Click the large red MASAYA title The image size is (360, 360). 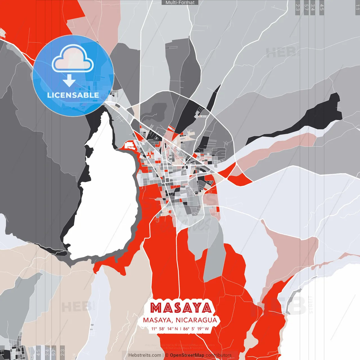tap(180, 308)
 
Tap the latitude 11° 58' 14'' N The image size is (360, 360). tap(165, 329)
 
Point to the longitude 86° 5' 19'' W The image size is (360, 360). tap(196, 329)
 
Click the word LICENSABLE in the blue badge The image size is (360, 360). tap(73, 95)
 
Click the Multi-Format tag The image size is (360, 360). tap(180, 3)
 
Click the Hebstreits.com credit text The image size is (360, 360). tap(145, 355)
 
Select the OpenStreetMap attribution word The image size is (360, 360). tap(187, 355)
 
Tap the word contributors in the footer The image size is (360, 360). tap(219, 355)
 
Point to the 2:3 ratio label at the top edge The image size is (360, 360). tap(298, 7)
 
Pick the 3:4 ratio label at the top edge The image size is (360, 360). tap(313, 7)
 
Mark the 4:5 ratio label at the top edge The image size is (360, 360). tap(322, 7)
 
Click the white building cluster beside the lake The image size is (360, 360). tap(130, 145)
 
